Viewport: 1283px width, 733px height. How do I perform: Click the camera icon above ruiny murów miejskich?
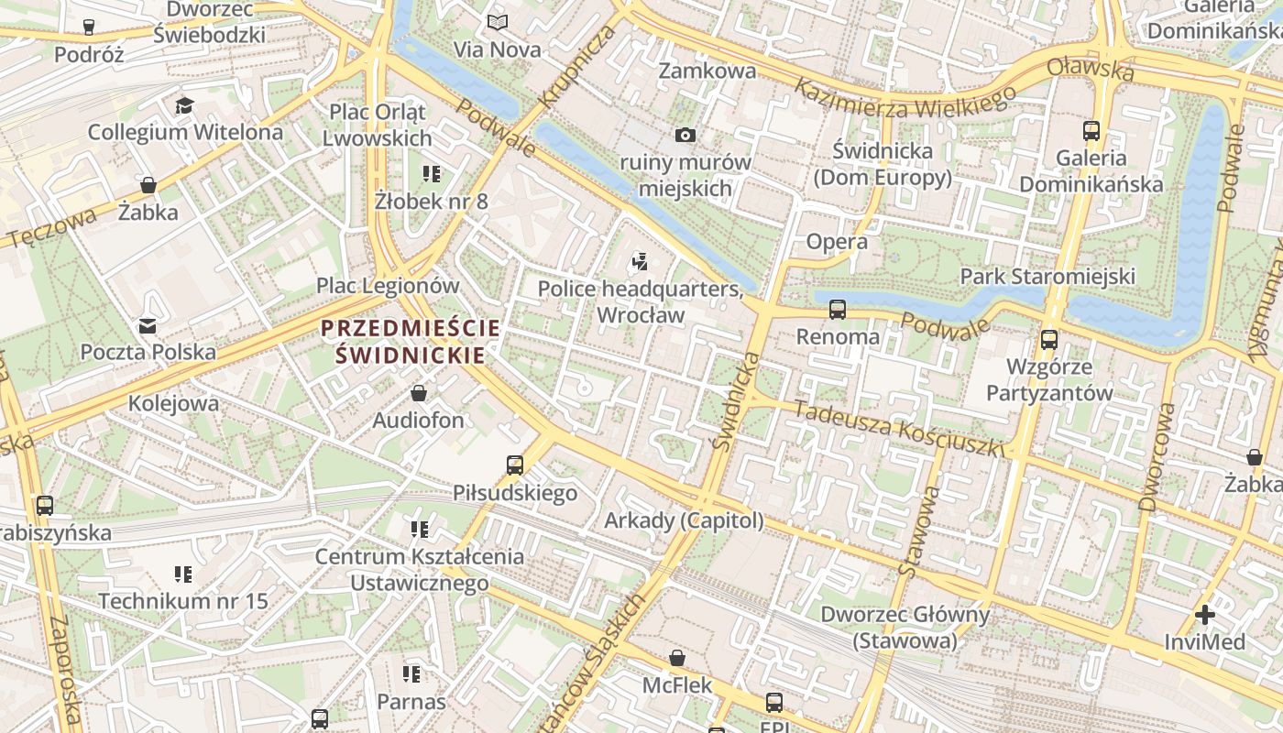[685, 136]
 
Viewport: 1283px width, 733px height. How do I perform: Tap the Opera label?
[837, 242]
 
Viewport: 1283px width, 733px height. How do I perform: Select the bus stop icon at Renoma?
[838, 310]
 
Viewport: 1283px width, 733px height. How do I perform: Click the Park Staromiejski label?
[1047, 277]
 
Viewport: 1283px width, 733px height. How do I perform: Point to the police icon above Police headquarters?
[640, 262]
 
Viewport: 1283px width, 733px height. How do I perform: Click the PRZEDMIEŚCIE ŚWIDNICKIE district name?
[411, 341]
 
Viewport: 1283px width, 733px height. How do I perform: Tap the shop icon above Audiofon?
[419, 394]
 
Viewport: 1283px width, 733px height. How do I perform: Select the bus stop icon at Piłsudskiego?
[515, 465]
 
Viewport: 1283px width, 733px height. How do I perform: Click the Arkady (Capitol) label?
[684, 520]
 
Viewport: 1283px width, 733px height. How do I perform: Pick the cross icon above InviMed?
[1205, 615]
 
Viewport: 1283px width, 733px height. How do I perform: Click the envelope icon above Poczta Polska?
[148, 325]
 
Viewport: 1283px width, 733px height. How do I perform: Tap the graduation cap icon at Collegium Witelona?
[185, 105]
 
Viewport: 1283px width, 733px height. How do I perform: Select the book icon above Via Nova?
[498, 23]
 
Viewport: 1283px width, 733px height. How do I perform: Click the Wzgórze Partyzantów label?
[1048, 380]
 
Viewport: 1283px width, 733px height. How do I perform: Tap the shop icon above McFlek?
[676, 658]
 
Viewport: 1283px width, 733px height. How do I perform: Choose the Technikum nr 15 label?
[182, 602]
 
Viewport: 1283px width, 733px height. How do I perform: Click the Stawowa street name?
[919, 531]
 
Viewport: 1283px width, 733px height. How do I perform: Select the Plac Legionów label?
[388, 285]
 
